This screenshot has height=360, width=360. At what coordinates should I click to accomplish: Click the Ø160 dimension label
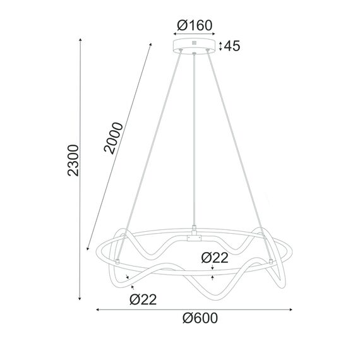pos(195,25)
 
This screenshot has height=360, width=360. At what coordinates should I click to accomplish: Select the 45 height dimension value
pos(231,45)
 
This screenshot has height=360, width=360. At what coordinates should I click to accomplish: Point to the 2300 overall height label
pos(73,161)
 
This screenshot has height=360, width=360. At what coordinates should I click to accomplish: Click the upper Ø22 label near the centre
pos(215,258)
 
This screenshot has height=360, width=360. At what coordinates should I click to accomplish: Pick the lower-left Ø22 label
pos(143,299)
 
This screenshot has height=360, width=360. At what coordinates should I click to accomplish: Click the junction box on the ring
pos(194,239)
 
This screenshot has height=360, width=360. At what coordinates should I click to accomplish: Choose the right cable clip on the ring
pos(272,260)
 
